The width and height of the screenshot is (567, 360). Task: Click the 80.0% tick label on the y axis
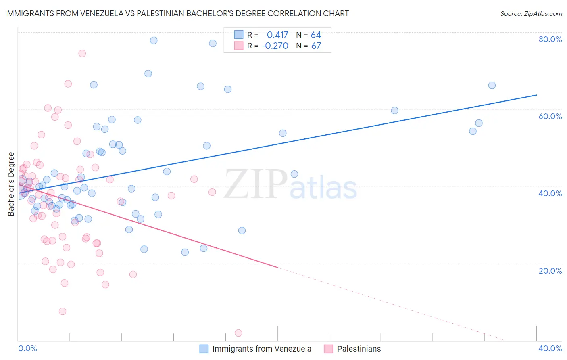(550, 39)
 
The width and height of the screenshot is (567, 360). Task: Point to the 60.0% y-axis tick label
(550, 116)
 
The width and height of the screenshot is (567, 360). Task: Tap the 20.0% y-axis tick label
(550, 271)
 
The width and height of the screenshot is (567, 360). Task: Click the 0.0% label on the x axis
(27, 348)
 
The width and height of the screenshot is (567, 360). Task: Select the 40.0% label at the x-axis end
(550, 348)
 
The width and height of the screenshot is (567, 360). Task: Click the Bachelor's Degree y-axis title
(11, 184)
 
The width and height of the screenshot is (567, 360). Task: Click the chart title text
(177, 13)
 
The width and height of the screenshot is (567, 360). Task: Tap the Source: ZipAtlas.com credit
(531, 14)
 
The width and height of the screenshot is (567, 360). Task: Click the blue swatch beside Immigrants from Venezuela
(204, 349)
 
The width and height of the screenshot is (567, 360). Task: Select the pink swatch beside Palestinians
(329, 349)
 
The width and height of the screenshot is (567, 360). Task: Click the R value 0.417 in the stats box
(277, 35)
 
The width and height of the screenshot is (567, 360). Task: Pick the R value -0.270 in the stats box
(275, 46)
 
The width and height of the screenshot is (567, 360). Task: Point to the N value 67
(316, 46)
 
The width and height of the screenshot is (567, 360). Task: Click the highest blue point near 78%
(154, 40)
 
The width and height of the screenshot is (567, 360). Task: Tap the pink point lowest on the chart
(238, 333)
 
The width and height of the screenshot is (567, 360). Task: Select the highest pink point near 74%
(82, 53)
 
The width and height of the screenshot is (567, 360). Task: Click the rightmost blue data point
(492, 85)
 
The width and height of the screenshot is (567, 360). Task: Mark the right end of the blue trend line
(536, 95)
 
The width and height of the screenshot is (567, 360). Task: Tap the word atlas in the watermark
(323, 188)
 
